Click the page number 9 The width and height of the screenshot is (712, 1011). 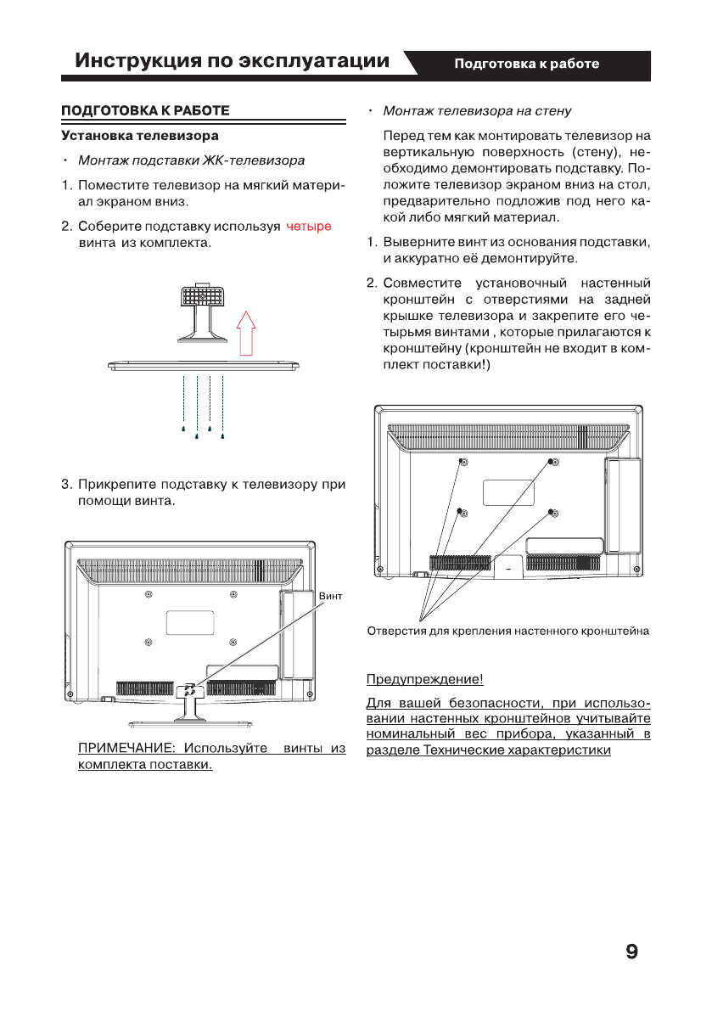point(631,952)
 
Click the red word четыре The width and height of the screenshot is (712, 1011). point(308,227)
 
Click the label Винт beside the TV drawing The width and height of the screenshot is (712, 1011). point(331,597)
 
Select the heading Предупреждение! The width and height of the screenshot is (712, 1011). point(424,679)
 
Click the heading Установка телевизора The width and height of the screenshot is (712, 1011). point(139,135)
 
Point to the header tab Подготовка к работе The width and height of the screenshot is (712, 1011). point(526,64)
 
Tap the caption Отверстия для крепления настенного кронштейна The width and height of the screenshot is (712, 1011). point(507,631)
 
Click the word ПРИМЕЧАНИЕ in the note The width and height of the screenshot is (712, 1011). point(127,749)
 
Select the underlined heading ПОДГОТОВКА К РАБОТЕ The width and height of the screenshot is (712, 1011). point(145,110)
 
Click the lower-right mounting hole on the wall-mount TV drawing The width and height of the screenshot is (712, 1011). point(552,512)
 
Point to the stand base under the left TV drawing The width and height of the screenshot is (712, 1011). point(190,723)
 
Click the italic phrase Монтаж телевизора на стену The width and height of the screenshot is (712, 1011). point(477,110)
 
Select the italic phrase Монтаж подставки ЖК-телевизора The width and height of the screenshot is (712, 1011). point(191,160)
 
